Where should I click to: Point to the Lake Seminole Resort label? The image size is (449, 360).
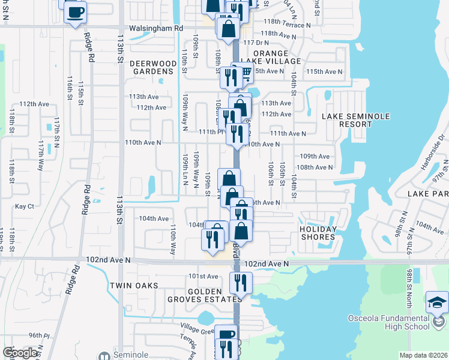355,120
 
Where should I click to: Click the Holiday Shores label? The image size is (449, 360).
318,233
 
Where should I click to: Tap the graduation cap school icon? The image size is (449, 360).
436,302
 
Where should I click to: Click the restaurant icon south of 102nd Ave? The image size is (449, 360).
241,282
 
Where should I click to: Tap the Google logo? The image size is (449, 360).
20,353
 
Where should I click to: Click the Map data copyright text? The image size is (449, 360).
424,355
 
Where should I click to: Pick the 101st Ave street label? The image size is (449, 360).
203,276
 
